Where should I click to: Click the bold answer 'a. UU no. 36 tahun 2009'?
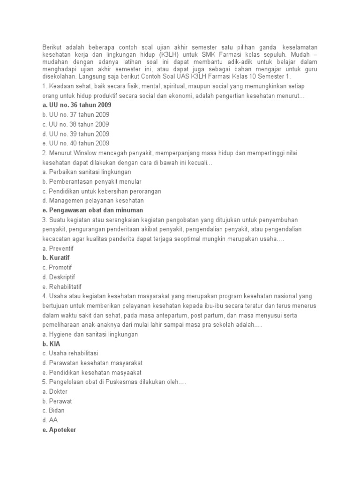click(x=76, y=105)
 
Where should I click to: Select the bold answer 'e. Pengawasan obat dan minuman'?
click(x=92, y=210)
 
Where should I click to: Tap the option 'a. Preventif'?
click(x=58, y=248)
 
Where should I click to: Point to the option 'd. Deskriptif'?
click(x=59, y=277)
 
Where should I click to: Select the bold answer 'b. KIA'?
click(x=51, y=344)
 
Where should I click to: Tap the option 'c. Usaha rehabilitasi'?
click(x=70, y=353)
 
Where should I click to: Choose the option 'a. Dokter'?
click(x=54, y=391)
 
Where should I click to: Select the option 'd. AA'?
click(x=50, y=420)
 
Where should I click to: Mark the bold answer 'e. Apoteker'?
click(x=59, y=430)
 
